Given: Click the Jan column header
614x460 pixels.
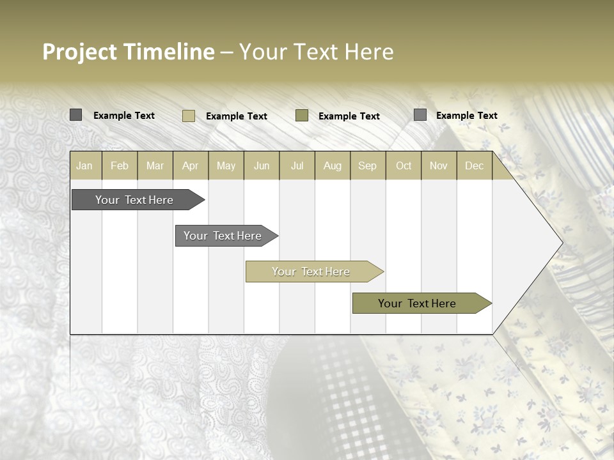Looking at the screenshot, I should [x=84, y=165].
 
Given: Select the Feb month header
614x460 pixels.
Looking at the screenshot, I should [x=120, y=165].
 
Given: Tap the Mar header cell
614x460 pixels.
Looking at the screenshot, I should [x=155, y=165].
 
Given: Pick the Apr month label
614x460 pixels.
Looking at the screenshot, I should [x=191, y=165].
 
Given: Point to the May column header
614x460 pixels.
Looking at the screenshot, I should [x=226, y=165].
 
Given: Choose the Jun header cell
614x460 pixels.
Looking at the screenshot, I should [x=262, y=165].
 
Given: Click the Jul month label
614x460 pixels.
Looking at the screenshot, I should [x=297, y=165].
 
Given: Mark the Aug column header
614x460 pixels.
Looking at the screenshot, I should [x=333, y=165].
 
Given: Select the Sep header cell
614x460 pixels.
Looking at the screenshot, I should [x=368, y=165].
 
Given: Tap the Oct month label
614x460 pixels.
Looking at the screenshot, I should [x=404, y=165].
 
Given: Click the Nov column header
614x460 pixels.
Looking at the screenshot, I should [x=439, y=165].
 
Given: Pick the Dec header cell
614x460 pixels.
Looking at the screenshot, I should [x=475, y=165].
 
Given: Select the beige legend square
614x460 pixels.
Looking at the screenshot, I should [x=189, y=116].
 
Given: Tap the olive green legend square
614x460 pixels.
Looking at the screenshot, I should [x=302, y=115].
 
